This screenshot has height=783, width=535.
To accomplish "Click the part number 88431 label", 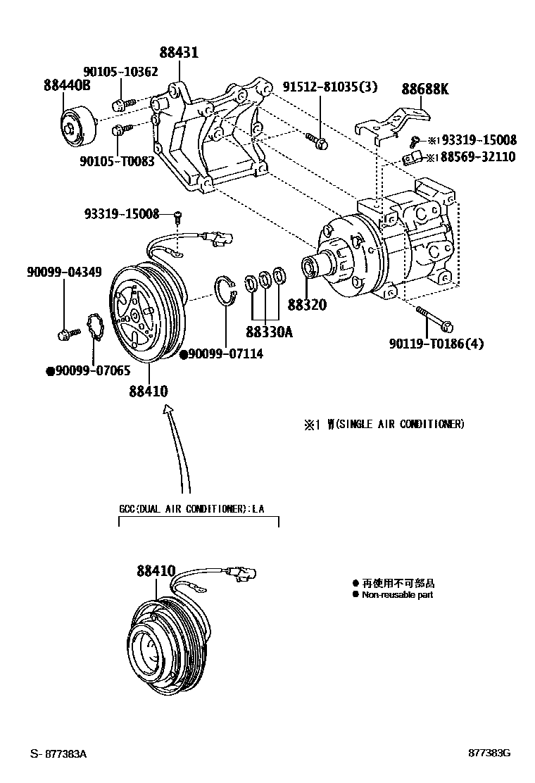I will tap(178, 53).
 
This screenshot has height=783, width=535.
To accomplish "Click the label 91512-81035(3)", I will tap(330, 87).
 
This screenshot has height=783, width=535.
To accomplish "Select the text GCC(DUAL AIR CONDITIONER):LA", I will tap(191, 509).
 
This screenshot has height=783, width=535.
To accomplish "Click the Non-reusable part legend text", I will tap(397, 595).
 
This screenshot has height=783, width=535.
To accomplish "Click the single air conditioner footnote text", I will tap(384, 424).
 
